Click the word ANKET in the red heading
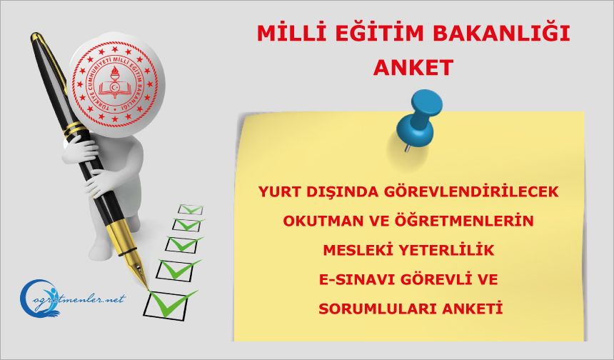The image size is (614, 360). coord(414,67)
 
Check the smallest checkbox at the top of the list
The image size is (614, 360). coord(190,209)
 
